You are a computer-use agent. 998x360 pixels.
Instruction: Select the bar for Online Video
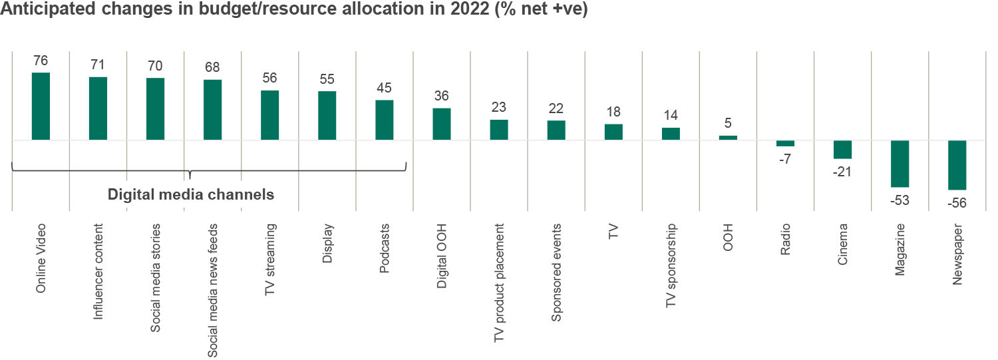pyautogui.click(x=41, y=106)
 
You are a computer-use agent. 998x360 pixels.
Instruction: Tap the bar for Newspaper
pyautogui.click(x=957, y=165)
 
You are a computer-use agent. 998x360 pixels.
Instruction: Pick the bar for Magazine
pyautogui.click(x=900, y=164)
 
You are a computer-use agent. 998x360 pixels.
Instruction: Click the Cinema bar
pyautogui.click(x=843, y=150)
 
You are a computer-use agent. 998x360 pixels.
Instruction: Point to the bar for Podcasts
pyautogui.click(x=385, y=120)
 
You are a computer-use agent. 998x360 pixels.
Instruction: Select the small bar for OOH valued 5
pyautogui.click(x=729, y=138)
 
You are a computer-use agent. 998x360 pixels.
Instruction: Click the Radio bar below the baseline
pyautogui.click(x=786, y=143)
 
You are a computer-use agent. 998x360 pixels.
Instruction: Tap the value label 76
pyautogui.click(x=41, y=61)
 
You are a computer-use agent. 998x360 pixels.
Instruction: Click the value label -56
pyautogui.click(x=957, y=202)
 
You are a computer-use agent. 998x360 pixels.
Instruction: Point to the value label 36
pyautogui.click(x=442, y=96)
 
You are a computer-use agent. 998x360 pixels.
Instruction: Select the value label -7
pyautogui.click(x=785, y=159)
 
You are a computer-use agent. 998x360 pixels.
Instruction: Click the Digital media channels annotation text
pyautogui.click(x=191, y=195)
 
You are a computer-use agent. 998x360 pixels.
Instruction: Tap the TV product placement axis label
pyautogui.click(x=499, y=283)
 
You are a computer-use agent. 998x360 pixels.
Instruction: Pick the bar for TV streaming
pyautogui.click(x=269, y=115)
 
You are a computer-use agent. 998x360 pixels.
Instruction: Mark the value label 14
pyautogui.click(x=671, y=114)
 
